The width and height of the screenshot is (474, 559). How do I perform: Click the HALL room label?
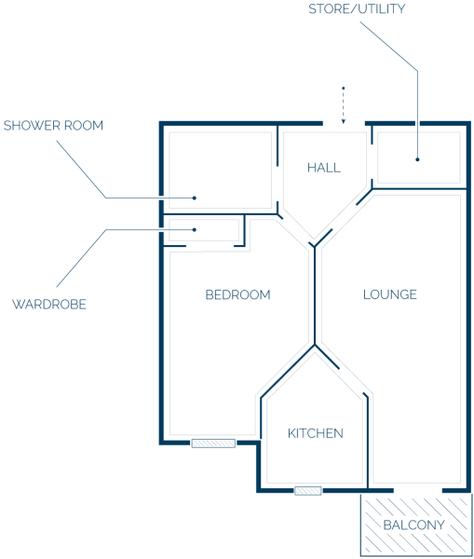point(323,168)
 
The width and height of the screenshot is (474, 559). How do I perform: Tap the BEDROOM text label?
point(237,294)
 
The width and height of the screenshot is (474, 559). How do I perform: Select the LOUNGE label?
point(390,294)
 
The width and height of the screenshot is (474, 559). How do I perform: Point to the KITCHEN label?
point(316,433)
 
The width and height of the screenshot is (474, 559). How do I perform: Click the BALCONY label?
point(413,525)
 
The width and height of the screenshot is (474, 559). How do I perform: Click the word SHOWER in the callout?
point(32,126)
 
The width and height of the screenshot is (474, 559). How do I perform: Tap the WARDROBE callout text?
point(49,304)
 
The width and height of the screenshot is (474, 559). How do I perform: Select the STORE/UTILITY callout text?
point(357,8)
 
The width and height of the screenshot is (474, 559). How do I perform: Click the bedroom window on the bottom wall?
point(213,443)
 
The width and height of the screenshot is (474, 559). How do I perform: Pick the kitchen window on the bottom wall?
point(308,491)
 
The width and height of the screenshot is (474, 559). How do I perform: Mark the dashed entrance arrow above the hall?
point(344,104)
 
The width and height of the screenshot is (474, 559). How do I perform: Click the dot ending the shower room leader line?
point(195,198)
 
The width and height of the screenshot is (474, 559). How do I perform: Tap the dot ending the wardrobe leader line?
point(195,229)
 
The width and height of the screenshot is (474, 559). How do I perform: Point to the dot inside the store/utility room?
point(417,159)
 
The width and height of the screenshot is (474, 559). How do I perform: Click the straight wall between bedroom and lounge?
point(315,296)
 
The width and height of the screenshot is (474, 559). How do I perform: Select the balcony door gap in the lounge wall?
point(418,491)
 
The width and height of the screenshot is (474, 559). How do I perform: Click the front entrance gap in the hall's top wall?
point(344,124)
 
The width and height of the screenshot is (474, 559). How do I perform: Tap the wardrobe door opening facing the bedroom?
point(210,246)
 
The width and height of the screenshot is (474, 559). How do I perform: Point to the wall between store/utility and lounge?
point(419,188)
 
